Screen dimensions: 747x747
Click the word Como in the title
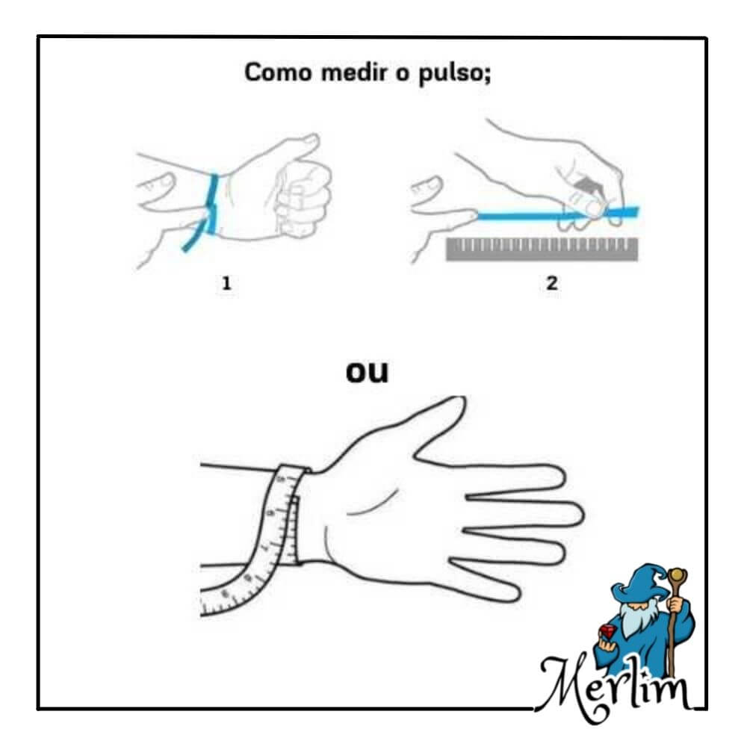tap(278, 73)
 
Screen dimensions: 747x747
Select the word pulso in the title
tap(450, 74)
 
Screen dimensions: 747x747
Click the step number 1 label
tap(227, 283)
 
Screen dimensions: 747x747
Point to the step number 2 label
tap(552, 283)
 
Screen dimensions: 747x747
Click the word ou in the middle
tap(367, 372)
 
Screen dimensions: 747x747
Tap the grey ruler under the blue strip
tap(542, 249)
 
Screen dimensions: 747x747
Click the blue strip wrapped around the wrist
tap(210, 210)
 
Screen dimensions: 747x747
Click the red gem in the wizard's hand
tap(607, 632)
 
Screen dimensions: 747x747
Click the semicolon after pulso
tap(487, 76)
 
